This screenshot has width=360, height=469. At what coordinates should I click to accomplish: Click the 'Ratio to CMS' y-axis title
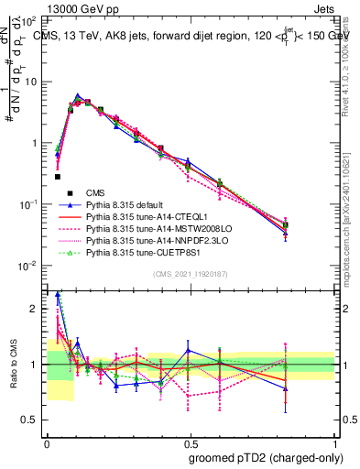[x=14, y=365]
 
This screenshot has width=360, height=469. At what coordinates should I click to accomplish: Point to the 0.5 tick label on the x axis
[x=191, y=442]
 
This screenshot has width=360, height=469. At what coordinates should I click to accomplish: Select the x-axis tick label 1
[x=334, y=442]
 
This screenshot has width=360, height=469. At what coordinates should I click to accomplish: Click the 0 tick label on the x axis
[x=47, y=442]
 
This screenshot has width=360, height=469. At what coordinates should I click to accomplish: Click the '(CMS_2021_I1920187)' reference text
[x=191, y=273]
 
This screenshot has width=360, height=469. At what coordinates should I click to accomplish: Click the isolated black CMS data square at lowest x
[x=58, y=177]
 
